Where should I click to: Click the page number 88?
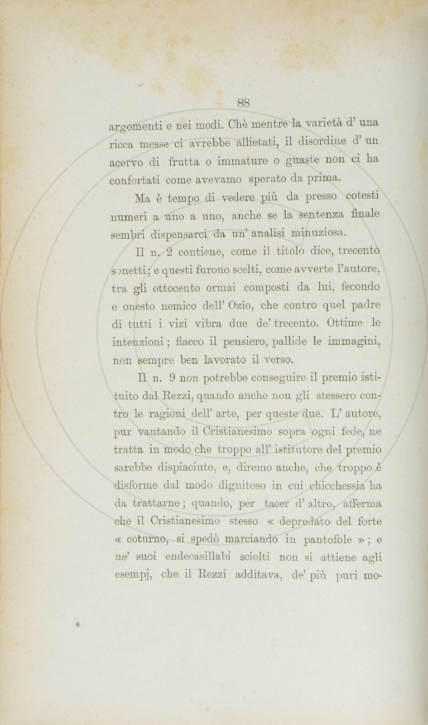[x=243, y=103]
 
